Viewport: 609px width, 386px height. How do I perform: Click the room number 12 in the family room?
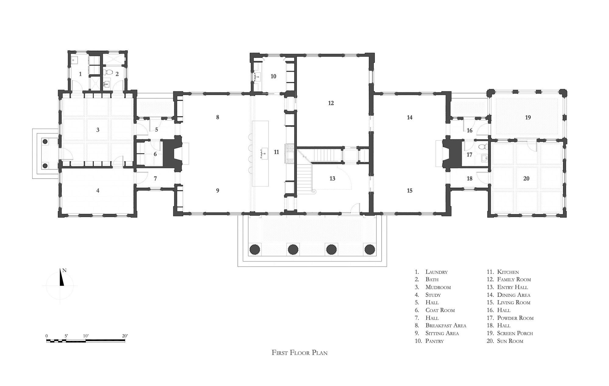(331, 103)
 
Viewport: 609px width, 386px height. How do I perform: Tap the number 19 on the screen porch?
(528, 117)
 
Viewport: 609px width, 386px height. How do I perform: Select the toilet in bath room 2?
(109, 73)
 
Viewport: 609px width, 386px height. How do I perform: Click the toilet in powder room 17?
(482, 147)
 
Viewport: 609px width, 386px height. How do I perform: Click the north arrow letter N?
(64, 270)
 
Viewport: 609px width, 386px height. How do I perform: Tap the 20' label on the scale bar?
(125, 336)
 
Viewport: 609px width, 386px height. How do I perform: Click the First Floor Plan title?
(300, 353)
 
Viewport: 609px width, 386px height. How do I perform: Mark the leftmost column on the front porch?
(255, 249)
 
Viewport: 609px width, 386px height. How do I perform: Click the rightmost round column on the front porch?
(370, 249)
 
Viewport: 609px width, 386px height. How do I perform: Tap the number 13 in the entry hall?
(332, 179)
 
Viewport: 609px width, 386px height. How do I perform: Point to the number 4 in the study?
(98, 191)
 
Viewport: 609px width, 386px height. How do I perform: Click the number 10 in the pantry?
(273, 76)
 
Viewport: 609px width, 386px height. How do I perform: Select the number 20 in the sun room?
(526, 179)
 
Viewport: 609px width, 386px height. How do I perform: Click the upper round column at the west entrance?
(45, 142)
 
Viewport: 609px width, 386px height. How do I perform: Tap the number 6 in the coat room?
(155, 154)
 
